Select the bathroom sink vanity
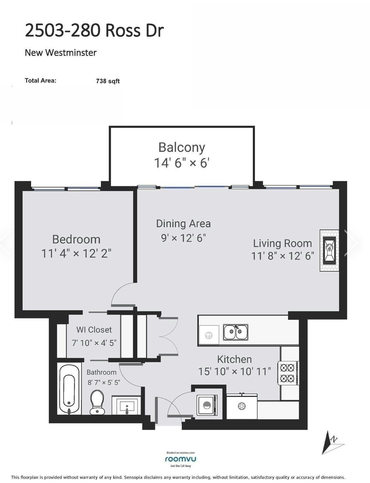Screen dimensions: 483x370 [126, 405]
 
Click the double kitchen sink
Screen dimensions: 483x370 [236, 332]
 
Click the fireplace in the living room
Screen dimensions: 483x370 [329, 250]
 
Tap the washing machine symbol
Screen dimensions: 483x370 [207, 405]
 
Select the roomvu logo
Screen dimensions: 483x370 [180, 459]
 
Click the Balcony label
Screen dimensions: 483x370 [181, 147]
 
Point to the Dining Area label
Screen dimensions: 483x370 [183, 224]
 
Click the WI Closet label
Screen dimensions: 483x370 [94, 330]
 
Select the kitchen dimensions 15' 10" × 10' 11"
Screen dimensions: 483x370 [234, 371]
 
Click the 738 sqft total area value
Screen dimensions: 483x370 [108, 81]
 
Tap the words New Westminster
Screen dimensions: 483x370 [61, 53]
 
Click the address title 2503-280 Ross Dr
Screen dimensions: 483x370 [94, 31]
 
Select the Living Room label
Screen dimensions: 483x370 [282, 243]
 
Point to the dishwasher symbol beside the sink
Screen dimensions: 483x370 [209, 335]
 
